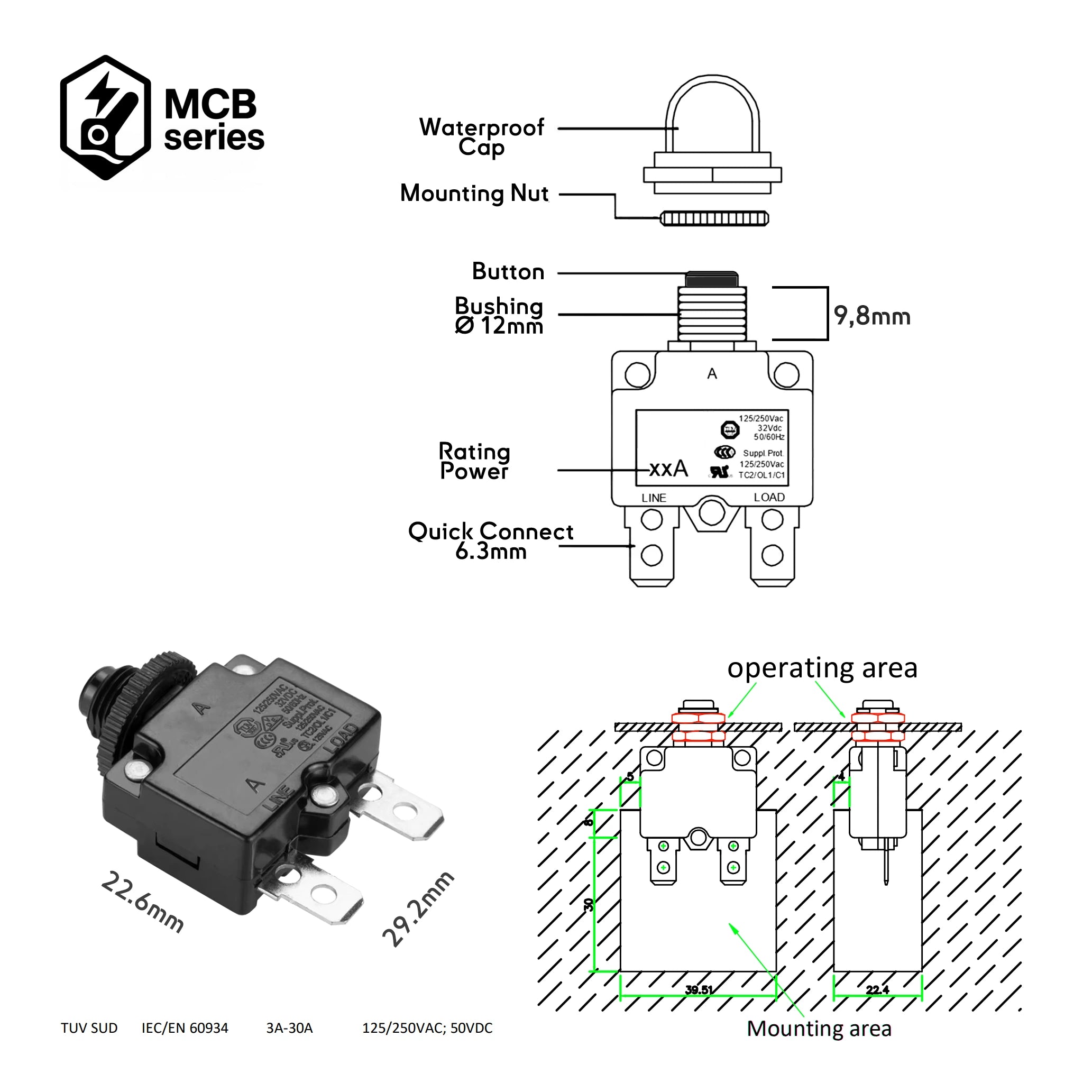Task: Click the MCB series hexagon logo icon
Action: (x=105, y=118)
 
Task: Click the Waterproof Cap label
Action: (x=481, y=137)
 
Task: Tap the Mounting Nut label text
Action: (x=474, y=194)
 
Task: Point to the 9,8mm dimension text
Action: (x=871, y=316)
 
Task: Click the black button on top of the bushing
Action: (x=712, y=279)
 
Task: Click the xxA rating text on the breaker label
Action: (x=668, y=469)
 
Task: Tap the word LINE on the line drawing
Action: (x=654, y=498)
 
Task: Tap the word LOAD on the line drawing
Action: (x=769, y=497)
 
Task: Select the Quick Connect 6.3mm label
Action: (x=491, y=541)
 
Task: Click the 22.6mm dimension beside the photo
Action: (x=142, y=902)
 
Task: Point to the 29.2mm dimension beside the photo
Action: (x=417, y=909)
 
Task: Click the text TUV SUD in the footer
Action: (x=89, y=1028)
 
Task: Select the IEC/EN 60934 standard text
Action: (x=185, y=1028)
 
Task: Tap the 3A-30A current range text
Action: (x=289, y=1028)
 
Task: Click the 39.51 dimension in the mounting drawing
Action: (x=699, y=990)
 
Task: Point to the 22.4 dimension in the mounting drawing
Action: (x=877, y=990)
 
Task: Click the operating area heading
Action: (x=822, y=668)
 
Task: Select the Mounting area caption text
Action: (x=819, y=1029)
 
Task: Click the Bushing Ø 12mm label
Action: (x=499, y=316)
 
